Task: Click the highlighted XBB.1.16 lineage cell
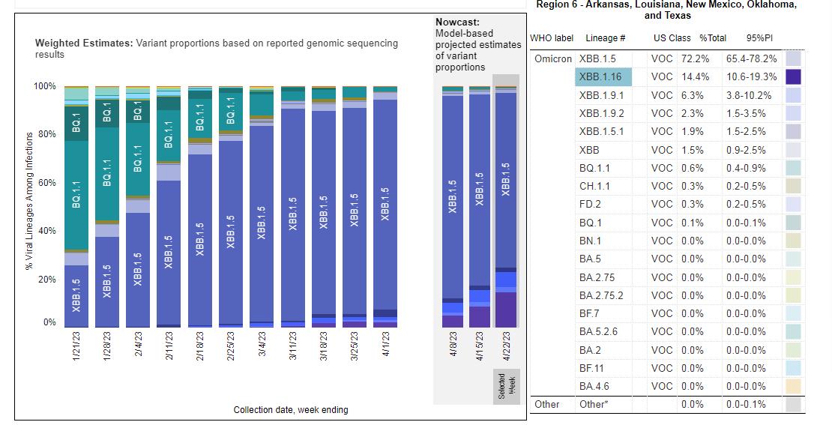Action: coord(604,76)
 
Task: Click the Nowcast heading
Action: coord(457,22)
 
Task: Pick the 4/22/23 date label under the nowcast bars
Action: coord(507,346)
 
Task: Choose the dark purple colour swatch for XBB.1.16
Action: coord(793,76)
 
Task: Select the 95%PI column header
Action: coord(759,38)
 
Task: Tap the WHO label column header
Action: coord(552,38)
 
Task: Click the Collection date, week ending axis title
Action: coord(291,410)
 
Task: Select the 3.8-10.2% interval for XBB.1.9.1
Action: coord(749,95)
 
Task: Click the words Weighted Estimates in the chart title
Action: coord(83,43)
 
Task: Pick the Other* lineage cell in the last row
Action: coord(597,404)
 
